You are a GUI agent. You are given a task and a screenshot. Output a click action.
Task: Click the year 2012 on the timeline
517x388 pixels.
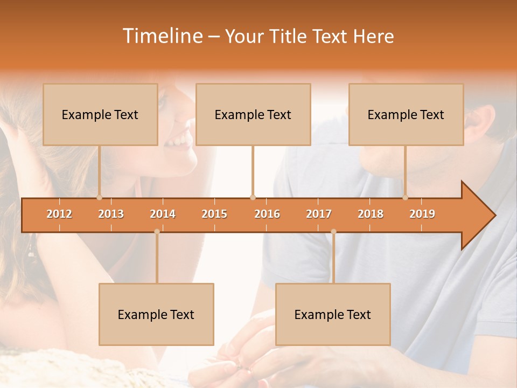coord(59,214)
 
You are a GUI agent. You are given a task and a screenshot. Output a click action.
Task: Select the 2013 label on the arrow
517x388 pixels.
coord(111,214)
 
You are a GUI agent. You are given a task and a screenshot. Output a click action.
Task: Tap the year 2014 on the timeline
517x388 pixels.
coord(163,214)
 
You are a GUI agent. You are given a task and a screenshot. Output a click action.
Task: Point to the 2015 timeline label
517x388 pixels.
coord(214,214)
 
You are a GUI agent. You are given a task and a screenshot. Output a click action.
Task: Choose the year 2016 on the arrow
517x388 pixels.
coord(267,214)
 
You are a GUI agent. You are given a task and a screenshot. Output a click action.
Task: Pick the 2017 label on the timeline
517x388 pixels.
coord(319,214)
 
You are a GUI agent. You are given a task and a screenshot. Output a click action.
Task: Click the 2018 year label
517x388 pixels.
coord(371,214)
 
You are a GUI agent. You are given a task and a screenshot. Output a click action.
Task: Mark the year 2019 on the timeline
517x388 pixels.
coord(422,214)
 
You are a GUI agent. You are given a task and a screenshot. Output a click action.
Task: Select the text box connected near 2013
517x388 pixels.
coord(100,114)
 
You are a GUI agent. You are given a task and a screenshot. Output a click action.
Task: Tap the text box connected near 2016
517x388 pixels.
coord(253,114)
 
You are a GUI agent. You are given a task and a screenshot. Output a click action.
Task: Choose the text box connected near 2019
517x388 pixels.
coord(406,114)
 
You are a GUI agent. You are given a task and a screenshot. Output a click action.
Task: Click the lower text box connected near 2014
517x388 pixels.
coord(156,314)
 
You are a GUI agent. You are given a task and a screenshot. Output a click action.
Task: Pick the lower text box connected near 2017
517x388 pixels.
coord(333,314)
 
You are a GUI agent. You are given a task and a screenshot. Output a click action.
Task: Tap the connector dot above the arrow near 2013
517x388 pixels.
coord(99,197)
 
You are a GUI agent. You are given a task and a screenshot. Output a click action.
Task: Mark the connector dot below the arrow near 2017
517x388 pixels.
coord(333,232)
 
